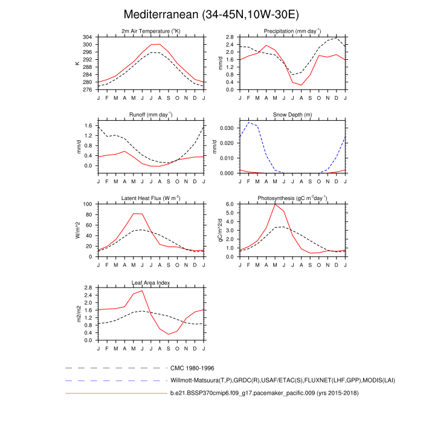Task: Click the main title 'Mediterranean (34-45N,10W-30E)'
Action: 211,14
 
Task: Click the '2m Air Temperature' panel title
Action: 151,31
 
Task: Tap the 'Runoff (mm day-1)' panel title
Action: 151,114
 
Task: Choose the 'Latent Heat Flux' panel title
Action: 151,198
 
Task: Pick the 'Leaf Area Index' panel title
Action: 151,282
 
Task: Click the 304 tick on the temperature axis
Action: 88,37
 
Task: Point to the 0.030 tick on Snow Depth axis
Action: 227,128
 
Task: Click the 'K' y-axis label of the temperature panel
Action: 77,63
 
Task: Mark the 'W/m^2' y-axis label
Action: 77,230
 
